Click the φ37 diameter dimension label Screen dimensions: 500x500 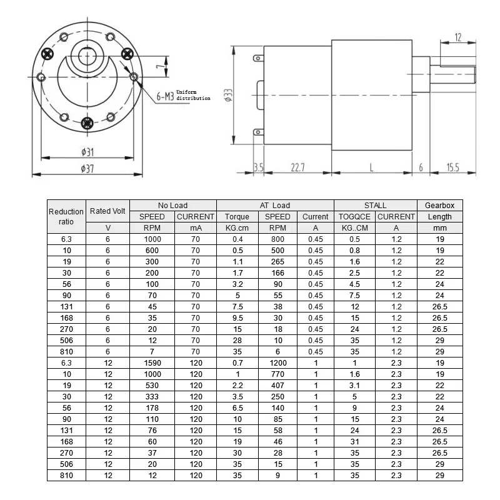pos(87,167)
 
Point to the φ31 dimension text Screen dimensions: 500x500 pos(87,152)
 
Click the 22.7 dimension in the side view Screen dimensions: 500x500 pos(297,167)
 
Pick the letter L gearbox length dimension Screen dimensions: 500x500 pos(372,167)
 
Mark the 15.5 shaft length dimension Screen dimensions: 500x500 pos(453,167)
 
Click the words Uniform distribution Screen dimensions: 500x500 pos(193,95)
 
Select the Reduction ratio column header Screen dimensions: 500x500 pos(66,216)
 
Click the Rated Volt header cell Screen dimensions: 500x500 pos(107,211)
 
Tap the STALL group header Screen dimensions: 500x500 pos(375,205)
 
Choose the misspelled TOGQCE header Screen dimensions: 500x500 pos(354,216)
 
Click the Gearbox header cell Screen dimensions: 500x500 pos(439,205)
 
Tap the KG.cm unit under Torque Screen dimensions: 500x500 pos(237,228)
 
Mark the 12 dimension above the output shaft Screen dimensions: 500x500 pos(458,38)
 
